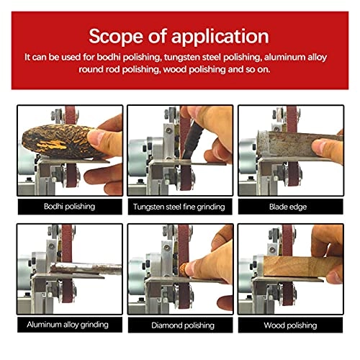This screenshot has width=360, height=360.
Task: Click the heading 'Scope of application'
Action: pyautogui.click(x=179, y=37)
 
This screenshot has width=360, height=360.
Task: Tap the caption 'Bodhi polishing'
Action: pyautogui.click(x=67, y=207)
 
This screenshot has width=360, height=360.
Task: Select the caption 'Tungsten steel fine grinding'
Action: pyautogui.click(x=179, y=207)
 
